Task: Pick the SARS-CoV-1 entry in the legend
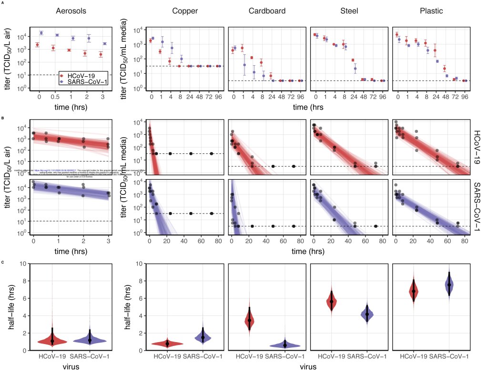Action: tap(84, 82)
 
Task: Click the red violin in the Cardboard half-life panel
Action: tap(249, 320)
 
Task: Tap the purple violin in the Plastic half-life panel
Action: tap(449, 285)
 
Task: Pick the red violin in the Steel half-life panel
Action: tap(331, 301)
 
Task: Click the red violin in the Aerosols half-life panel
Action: tap(52, 340)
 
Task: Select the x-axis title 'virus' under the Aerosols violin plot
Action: tap(71, 367)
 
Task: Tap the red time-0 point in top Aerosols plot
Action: tap(38, 45)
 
